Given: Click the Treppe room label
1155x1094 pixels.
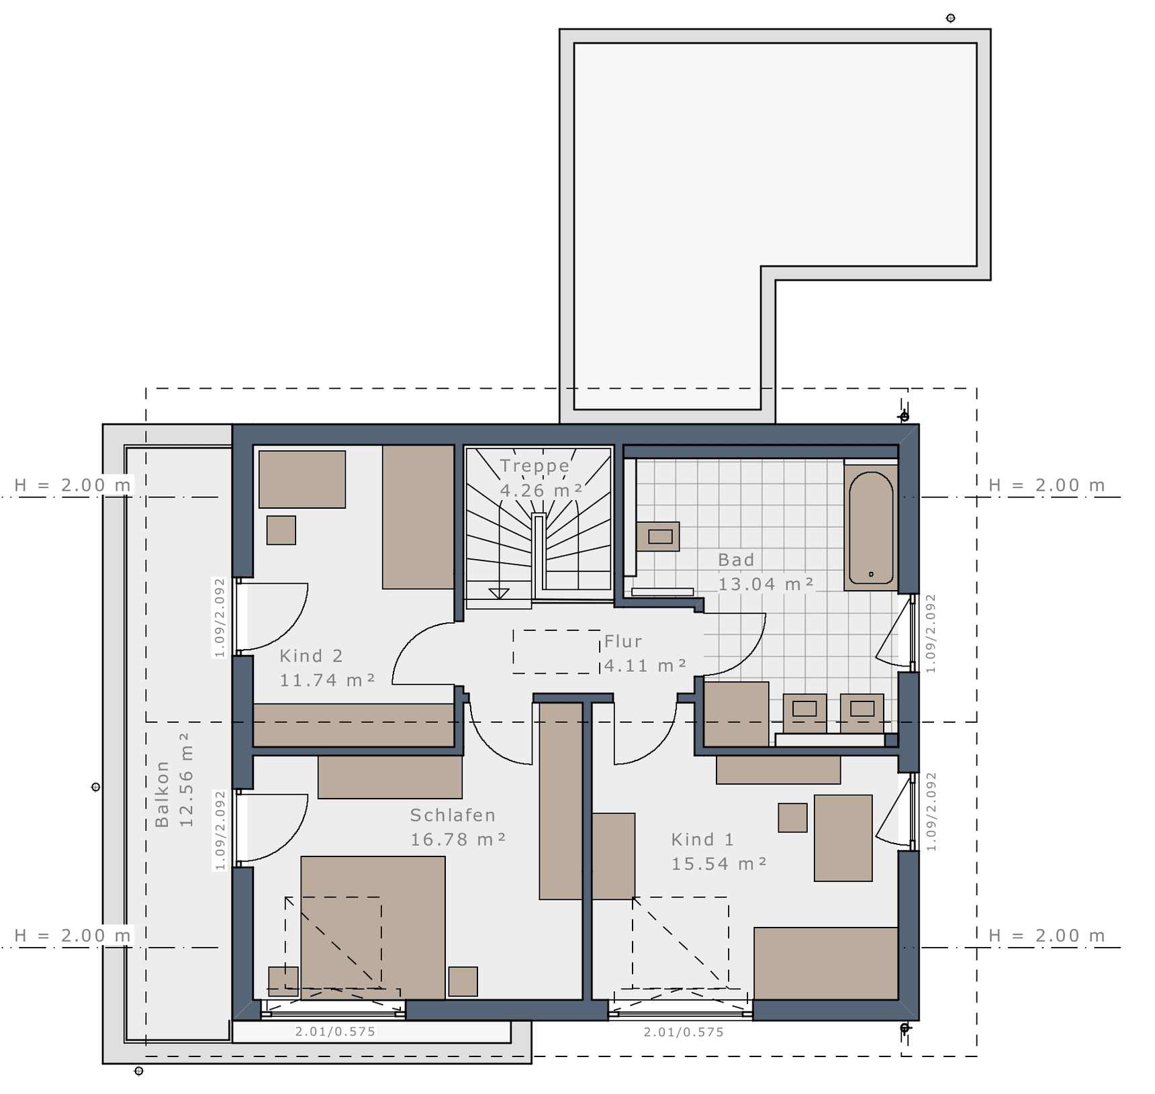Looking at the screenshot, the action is [535, 466].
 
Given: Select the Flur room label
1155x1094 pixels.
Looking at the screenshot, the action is [623, 642].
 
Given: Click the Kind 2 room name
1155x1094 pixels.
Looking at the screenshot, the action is [311, 656].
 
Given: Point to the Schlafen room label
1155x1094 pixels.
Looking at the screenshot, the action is [453, 815].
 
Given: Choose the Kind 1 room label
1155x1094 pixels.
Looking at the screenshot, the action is [702, 839].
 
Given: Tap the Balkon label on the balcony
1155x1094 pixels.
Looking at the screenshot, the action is [162, 794].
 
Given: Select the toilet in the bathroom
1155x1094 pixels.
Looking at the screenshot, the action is [658, 536].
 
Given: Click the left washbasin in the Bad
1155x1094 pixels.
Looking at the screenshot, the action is [804, 713].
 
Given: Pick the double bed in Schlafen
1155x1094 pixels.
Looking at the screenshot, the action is [373, 928].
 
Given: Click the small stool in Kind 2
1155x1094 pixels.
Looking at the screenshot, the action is [281, 530].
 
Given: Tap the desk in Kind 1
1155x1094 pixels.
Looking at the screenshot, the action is [843, 838].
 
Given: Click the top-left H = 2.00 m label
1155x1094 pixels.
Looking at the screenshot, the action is [73, 485].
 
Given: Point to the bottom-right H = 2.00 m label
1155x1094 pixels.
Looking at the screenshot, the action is [1047, 936].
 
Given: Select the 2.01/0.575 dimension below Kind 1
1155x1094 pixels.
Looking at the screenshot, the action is [684, 1032].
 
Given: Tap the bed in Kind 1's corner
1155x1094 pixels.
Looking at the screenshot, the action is [826, 964].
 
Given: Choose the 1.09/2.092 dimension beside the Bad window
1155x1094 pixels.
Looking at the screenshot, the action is [930, 633].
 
